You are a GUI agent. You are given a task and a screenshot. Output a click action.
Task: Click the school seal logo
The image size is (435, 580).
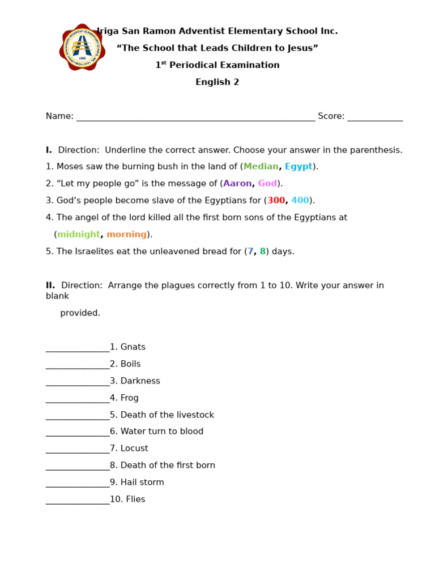(82, 48)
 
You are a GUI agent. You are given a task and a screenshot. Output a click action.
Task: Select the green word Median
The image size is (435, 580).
(261, 167)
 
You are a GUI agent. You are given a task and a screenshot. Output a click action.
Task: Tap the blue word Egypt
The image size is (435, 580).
(298, 167)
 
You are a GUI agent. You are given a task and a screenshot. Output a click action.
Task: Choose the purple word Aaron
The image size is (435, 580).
(237, 184)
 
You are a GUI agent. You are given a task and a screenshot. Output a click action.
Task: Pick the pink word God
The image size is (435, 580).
(267, 184)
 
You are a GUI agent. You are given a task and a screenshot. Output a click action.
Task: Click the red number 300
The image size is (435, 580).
(276, 201)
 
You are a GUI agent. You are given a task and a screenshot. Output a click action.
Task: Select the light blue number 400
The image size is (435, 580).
(300, 201)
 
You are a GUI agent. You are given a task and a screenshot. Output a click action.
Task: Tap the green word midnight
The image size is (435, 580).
(78, 234)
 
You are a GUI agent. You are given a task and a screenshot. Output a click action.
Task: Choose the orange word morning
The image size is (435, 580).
(126, 234)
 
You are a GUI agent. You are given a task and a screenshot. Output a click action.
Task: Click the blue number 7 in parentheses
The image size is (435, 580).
(250, 251)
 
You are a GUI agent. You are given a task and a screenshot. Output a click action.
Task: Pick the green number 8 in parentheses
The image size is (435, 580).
(262, 251)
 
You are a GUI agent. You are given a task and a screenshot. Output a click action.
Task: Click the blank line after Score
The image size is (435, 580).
(375, 118)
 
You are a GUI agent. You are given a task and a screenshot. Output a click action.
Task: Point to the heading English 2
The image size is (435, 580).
(217, 82)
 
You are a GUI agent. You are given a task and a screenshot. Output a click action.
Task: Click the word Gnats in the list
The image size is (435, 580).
(133, 347)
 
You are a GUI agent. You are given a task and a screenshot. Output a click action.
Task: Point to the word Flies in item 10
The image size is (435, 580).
(136, 500)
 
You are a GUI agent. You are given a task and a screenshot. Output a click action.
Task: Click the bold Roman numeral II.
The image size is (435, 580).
(50, 285)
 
